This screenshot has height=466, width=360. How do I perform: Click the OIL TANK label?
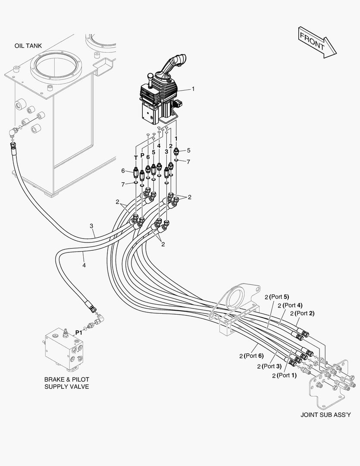click(28, 45)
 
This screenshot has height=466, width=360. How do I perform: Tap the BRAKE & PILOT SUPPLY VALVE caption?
click(67, 383)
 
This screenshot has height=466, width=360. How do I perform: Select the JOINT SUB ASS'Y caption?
click(326, 415)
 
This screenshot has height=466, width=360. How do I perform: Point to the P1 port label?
click(79, 333)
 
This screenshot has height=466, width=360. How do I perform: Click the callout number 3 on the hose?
click(91, 226)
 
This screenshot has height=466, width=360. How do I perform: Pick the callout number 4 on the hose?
click(84, 265)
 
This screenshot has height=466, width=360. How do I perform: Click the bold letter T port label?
click(136, 157)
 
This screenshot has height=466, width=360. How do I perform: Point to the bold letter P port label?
click(142, 155)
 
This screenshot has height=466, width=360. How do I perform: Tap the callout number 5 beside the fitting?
click(188, 151)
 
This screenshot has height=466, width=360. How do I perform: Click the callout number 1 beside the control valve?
click(193, 89)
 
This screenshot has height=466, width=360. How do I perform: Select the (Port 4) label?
click(293, 305)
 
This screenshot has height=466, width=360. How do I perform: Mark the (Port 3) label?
click(272, 366)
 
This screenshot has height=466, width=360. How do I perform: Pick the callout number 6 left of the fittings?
click(123, 171)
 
